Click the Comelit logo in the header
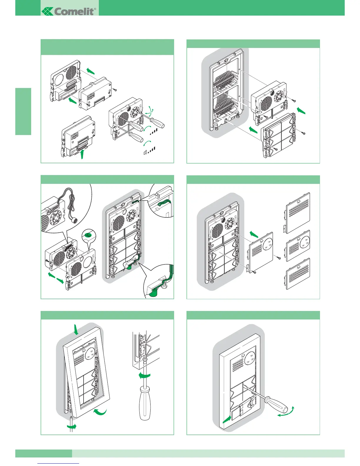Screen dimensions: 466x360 click(x=69, y=11)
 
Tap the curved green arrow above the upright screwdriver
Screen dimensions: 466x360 click(x=144, y=375)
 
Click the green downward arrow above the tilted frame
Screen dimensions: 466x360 click(x=76, y=329)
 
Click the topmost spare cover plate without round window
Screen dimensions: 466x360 click(x=298, y=207)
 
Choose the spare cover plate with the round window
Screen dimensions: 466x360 click(x=298, y=245)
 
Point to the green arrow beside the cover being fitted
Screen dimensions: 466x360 click(x=254, y=234)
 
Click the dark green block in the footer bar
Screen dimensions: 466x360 click(x=44, y=453)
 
